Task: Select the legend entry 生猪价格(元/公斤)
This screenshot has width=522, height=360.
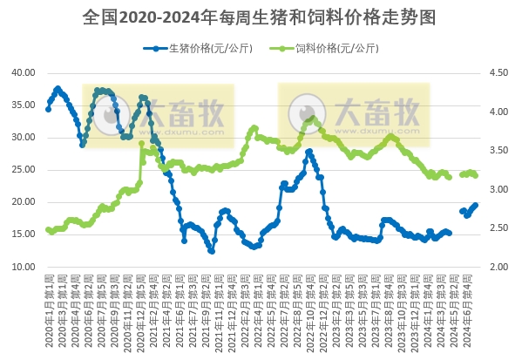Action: (197, 48)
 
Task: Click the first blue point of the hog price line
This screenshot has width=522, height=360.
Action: (48, 109)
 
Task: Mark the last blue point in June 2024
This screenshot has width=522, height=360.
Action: (475, 205)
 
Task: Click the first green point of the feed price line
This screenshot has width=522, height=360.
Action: (48, 230)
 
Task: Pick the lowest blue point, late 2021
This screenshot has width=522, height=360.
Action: (212, 251)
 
